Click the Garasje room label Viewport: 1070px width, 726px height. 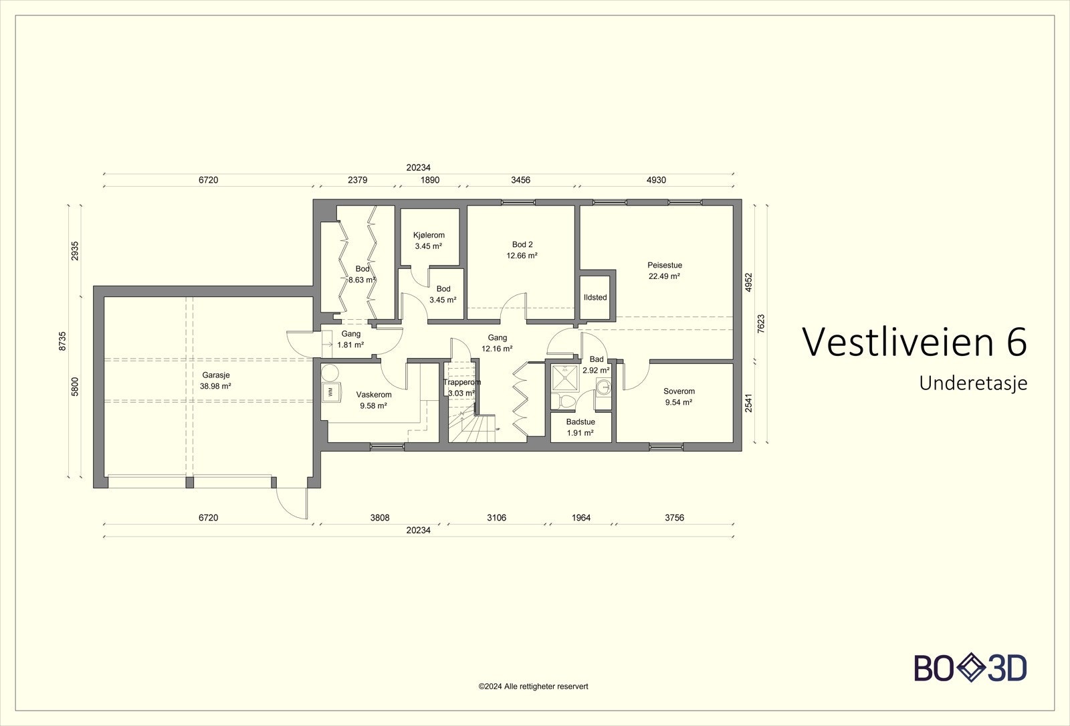click(215, 375)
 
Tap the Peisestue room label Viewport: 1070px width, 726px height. click(665, 265)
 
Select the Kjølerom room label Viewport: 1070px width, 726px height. click(429, 235)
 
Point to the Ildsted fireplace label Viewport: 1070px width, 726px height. click(595, 297)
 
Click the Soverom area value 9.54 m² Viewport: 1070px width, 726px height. click(679, 402)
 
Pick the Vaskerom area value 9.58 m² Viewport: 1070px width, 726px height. click(373, 405)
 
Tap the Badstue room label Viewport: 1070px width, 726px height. click(580, 422)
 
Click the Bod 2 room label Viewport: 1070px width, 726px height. click(522, 244)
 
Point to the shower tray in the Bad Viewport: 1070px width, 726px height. click(565, 379)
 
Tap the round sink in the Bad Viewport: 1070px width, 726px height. click(603, 385)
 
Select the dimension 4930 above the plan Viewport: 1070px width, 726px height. click(656, 180)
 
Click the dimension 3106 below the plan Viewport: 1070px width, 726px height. click(496, 518)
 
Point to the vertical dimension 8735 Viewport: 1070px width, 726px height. click(63, 341)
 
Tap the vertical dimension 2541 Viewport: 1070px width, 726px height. click(748, 403)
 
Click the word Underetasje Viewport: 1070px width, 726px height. click(973, 384)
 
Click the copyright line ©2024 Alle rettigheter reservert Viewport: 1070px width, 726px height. click(534, 687)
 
